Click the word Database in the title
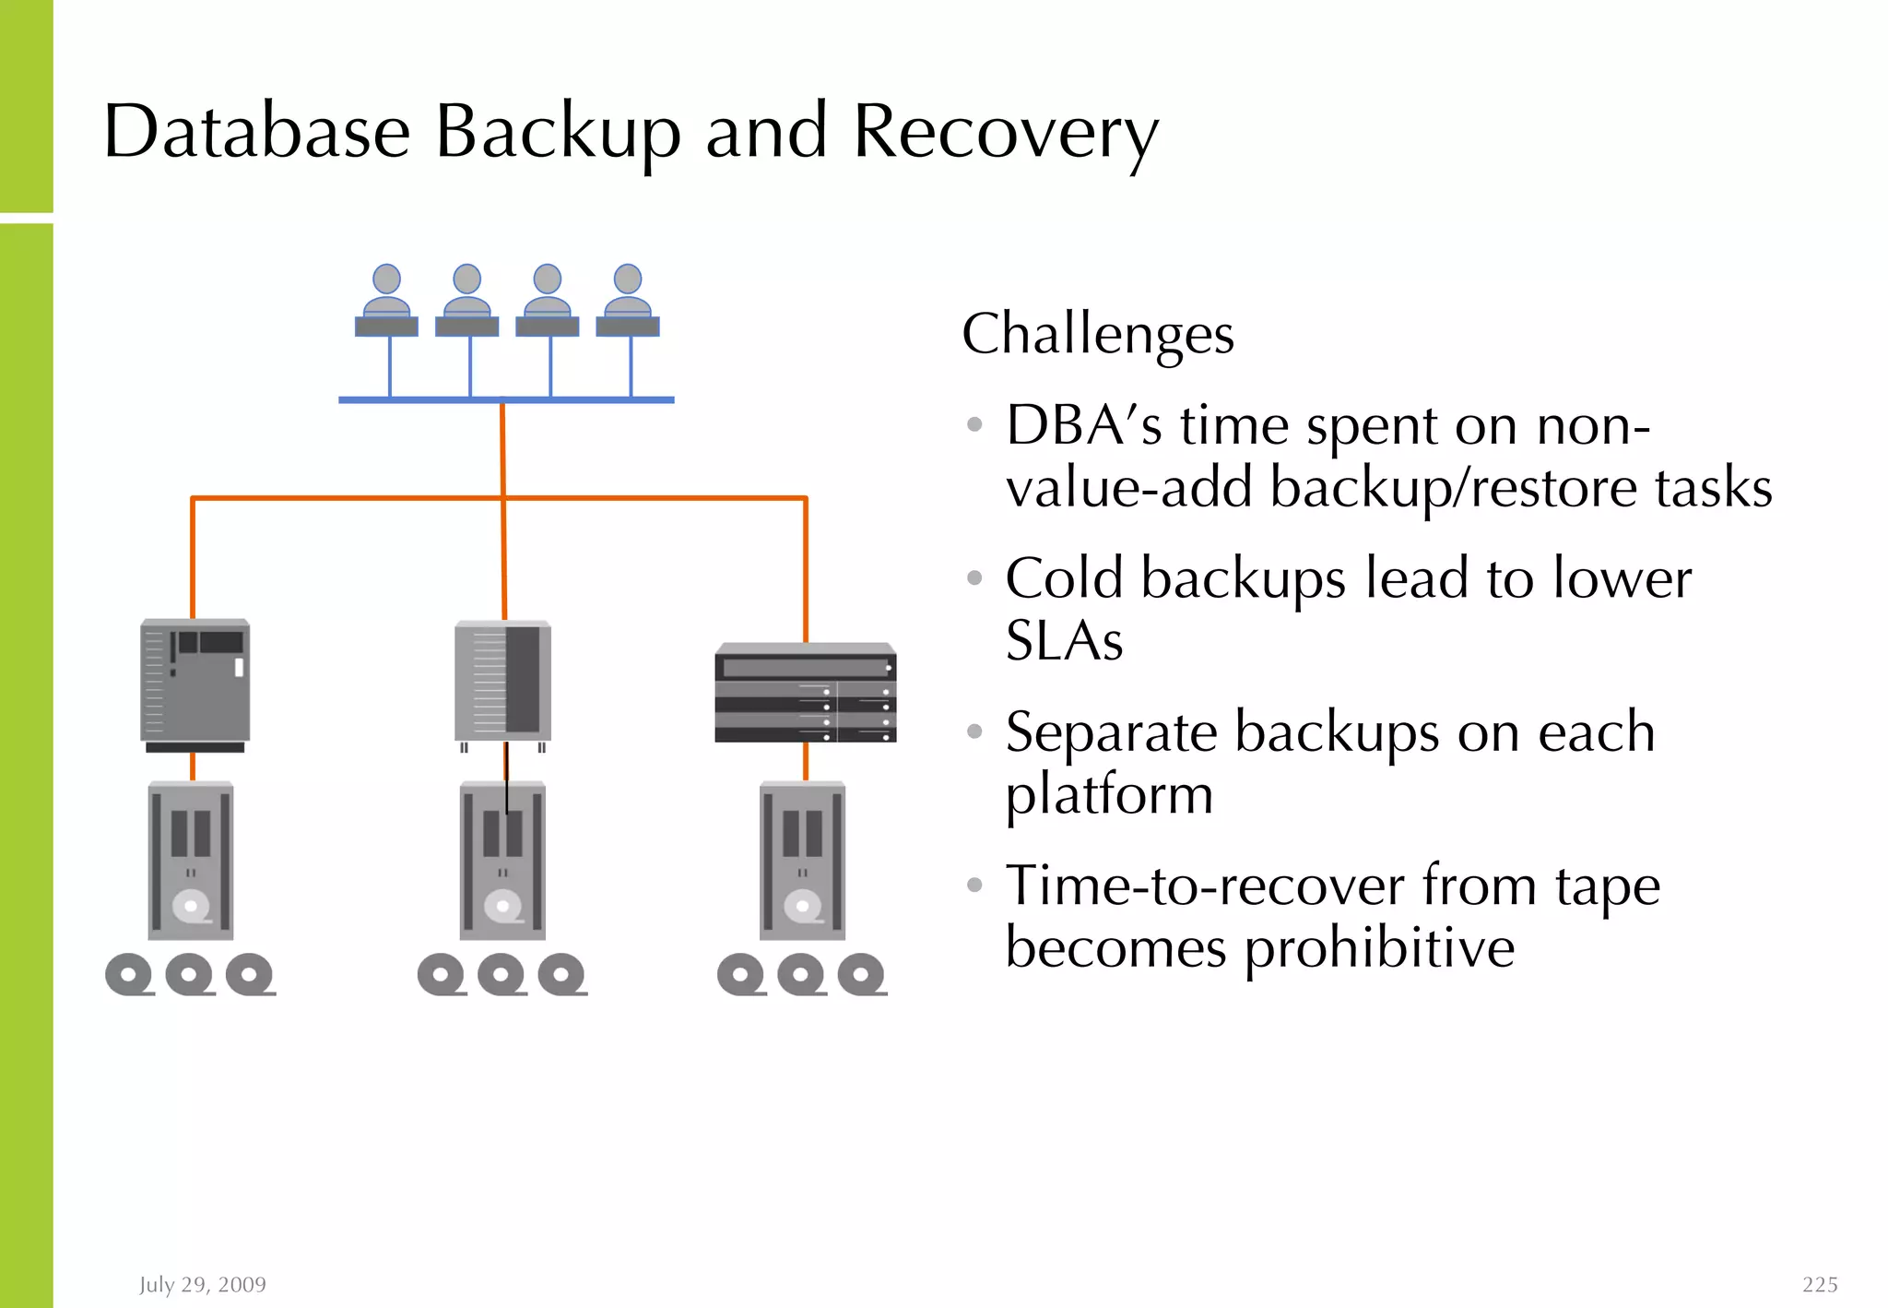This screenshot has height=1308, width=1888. pyautogui.click(x=256, y=132)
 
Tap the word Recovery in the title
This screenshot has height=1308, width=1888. pyautogui.click(x=1005, y=132)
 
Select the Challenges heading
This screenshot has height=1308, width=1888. pyautogui.click(x=1097, y=334)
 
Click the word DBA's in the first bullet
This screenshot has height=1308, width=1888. pyautogui.click(x=1083, y=426)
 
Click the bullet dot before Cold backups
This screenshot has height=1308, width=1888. pyautogui.click(x=974, y=578)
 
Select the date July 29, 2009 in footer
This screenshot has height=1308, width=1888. pyautogui.click(x=203, y=1284)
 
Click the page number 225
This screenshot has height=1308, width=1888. pyautogui.click(x=1819, y=1284)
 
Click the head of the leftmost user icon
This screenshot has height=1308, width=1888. pyautogui.click(x=386, y=279)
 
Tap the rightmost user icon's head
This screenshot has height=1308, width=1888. pyautogui.click(x=628, y=279)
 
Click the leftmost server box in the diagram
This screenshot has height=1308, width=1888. pyautogui.click(x=195, y=684)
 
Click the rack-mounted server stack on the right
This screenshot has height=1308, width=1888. pyautogui.click(x=805, y=694)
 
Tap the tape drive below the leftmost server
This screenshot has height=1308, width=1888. pyautogui.click(x=191, y=861)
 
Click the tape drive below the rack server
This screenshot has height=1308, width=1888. pyautogui.click(x=802, y=861)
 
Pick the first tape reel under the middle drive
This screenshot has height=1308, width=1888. pyautogui.click(x=442, y=974)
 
